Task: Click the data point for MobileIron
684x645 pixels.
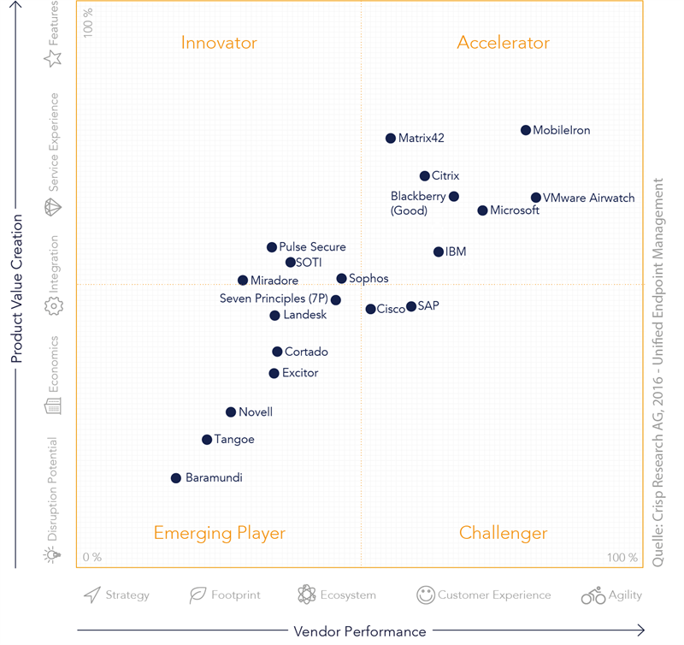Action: point(526,130)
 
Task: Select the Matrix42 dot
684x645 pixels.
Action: point(391,138)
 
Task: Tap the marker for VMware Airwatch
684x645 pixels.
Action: point(536,198)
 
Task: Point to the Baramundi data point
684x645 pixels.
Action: point(176,478)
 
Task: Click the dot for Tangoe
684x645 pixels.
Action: point(207,440)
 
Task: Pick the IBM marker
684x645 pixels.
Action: point(439,251)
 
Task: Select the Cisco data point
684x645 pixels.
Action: point(371,309)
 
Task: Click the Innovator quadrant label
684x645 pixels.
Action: point(219,43)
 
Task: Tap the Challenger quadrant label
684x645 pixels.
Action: point(503,533)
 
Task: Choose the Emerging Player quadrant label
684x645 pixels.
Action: point(219,533)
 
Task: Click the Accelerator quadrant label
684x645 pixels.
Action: point(503,43)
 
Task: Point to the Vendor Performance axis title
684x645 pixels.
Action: point(360,631)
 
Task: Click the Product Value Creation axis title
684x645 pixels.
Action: point(16,288)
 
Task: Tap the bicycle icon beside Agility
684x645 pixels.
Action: point(593,595)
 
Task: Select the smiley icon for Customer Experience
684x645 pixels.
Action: point(426,595)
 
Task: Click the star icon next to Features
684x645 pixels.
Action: point(53,57)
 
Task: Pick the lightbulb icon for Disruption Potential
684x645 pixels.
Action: point(53,555)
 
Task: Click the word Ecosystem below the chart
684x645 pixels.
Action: point(348,595)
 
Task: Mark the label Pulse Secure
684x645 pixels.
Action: point(312,247)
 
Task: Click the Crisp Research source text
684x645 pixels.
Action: point(658,372)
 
